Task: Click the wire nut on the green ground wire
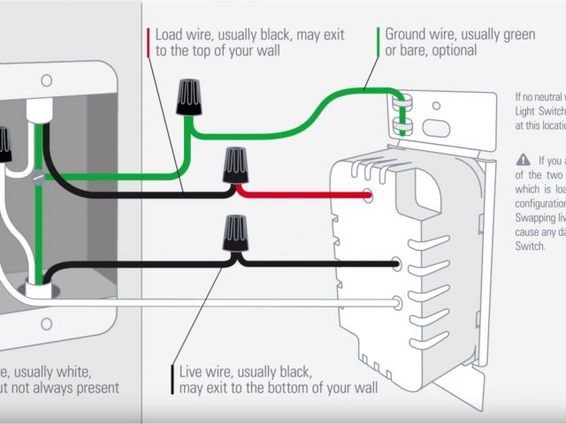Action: coord(187,98)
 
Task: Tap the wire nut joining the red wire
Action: coord(234,165)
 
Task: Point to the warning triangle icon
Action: coord(523,160)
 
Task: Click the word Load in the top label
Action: coord(170,35)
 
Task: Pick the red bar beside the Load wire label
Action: coord(148,42)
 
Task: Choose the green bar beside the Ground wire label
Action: coord(378,42)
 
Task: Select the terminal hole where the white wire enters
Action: coord(397,303)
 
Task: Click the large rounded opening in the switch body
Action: coord(427,192)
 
